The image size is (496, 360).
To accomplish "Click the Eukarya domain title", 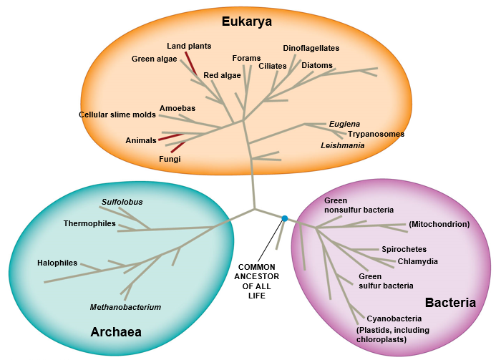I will point(246,21).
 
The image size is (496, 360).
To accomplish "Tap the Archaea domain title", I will point(115,331).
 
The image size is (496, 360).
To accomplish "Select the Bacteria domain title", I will point(450,303).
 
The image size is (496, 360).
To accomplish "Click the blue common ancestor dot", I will point(284,218).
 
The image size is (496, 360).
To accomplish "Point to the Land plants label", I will point(189,47).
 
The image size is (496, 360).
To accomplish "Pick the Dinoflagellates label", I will point(311,48).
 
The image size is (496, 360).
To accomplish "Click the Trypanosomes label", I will point(376,134).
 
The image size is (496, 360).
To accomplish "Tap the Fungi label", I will point(170,159).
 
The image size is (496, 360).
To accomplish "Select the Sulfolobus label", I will point(122,202).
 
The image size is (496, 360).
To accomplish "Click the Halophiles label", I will point(57,263).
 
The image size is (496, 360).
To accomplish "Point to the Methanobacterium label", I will point(125,307).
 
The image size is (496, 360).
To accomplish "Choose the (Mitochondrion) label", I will point(439,224).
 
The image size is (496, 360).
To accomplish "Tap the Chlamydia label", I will point(417,261).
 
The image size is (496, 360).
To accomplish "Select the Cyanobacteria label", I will point(394,318).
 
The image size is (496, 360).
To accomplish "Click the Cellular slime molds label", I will point(117,115).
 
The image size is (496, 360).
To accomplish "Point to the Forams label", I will point(246,58).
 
